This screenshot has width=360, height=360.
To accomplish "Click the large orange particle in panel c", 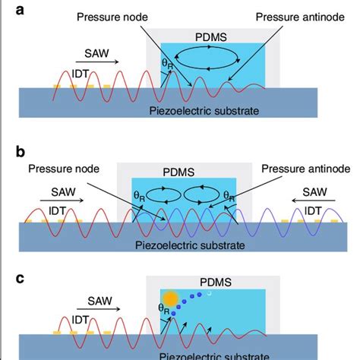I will pos(169,298).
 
